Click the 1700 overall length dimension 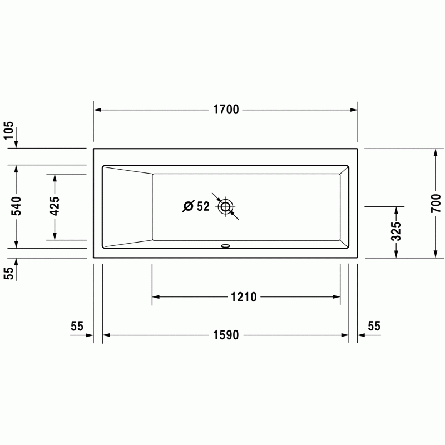226,110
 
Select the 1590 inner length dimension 226,335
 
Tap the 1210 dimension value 244,297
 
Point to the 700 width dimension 436,203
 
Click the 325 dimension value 396,231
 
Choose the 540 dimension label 16,206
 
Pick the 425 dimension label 55,206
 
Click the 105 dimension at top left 9,130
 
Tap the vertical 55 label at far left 9,273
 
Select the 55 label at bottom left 77,326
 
